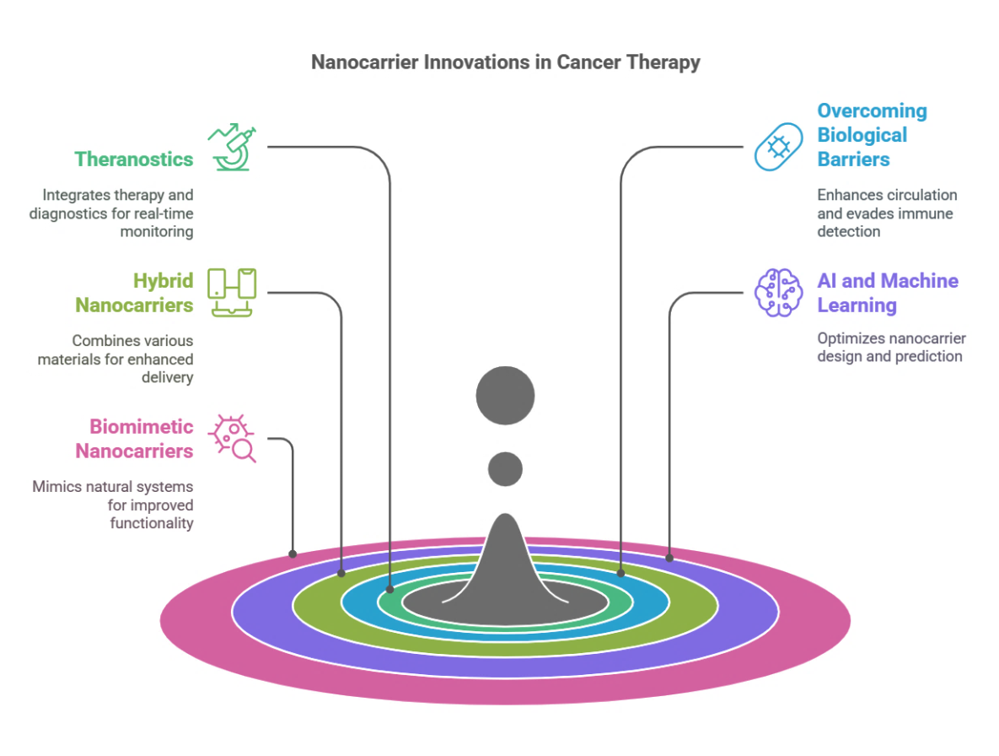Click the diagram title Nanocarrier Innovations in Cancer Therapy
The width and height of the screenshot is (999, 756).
point(505,62)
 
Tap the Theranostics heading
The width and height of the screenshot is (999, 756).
point(133,159)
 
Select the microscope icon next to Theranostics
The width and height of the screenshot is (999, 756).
point(234,148)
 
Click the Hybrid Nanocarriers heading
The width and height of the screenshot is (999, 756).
point(134,293)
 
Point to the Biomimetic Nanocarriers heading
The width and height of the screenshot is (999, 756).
point(134,439)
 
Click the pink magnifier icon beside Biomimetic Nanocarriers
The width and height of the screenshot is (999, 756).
point(234,439)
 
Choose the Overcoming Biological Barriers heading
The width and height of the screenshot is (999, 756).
point(872,135)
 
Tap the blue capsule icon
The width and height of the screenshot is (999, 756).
point(778,147)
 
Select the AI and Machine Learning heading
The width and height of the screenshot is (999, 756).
point(888,293)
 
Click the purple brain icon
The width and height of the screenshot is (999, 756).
point(778,293)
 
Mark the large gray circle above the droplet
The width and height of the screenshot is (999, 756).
point(505,395)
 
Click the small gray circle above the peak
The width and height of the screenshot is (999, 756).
point(505,468)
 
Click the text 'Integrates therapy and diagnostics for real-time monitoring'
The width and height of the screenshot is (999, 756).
point(111,213)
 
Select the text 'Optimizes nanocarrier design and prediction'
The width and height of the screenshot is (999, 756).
point(891,348)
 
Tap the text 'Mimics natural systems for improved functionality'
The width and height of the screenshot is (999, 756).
point(113,505)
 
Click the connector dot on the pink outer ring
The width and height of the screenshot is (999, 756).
point(293,554)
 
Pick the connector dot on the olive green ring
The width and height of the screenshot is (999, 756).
point(341,573)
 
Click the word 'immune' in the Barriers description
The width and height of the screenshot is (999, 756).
point(925,213)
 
